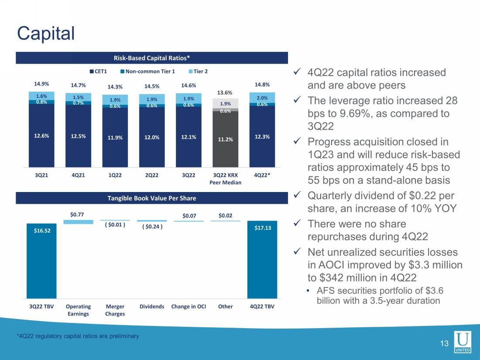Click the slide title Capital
[45, 33]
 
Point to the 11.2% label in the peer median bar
[225, 140]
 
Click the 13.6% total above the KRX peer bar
[225, 93]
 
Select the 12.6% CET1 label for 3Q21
[41, 135]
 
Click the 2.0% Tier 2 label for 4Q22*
[262, 98]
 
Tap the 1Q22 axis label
[115, 175]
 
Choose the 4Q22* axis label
[262, 175]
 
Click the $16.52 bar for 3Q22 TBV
[41, 262]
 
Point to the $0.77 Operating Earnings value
[78, 214]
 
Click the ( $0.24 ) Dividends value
[152, 226]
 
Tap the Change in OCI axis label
[189, 306]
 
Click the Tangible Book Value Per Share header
[152, 198]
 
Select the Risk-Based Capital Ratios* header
[152, 58]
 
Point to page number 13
[444, 344]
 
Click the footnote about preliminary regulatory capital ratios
[78, 336]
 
